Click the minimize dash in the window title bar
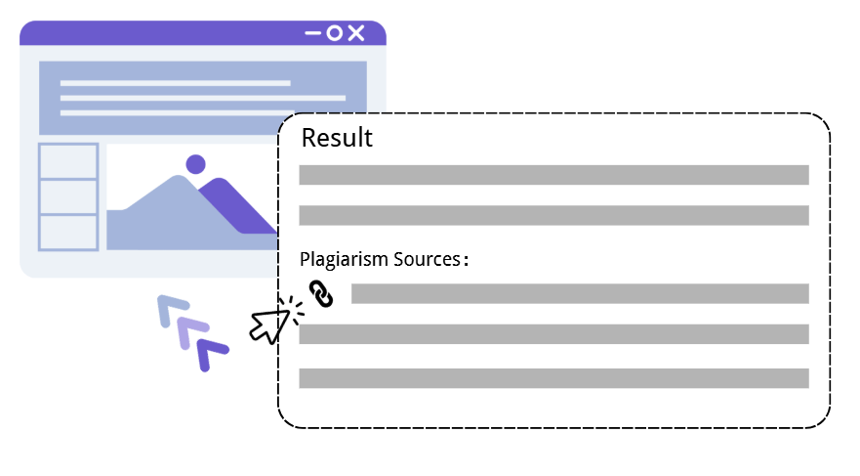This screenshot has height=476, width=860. click(x=313, y=34)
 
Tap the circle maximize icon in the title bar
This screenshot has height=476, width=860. click(x=335, y=34)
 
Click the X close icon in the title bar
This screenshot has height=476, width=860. click(x=356, y=34)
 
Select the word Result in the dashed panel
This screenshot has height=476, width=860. click(x=337, y=138)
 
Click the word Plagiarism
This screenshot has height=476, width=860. click(x=345, y=260)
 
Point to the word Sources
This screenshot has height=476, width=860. click(x=426, y=260)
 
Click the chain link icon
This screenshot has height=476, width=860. click(x=321, y=293)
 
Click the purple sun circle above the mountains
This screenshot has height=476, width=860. click(x=195, y=164)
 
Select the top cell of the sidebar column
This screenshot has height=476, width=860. click(x=68, y=161)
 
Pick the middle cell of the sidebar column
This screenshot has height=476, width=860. click(x=68, y=196)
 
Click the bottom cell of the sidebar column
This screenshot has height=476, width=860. click(x=68, y=232)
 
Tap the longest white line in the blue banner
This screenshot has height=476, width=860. click(x=203, y=98)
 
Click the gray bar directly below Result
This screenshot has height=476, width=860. click(x=553, y=175)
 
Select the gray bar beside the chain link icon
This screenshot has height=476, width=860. click(x=580, y=293)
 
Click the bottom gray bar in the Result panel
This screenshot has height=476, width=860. click(x=553, y=378)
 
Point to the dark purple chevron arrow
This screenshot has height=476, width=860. click(x=210, y=354)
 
